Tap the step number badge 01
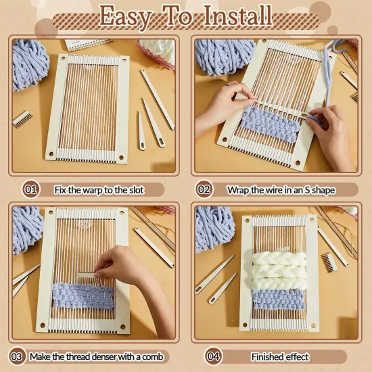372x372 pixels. (30, 190)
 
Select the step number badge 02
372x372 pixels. (203, 190)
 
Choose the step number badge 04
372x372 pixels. (213, 356)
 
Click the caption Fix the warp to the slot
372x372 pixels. (99, 190)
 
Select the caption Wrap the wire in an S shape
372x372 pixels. (281, 190)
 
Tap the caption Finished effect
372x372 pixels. (280, 356)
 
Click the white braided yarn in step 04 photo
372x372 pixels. (277, 269)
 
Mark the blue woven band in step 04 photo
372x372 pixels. (278, 298)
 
